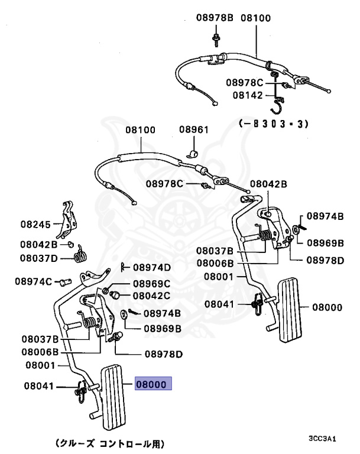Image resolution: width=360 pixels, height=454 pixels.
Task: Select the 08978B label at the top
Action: (x=215, y=18)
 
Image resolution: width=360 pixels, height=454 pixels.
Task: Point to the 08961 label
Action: (x=194, y=129)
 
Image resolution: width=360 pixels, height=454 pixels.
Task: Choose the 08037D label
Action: (x=39, y=258)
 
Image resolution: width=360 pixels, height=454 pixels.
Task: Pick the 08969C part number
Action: (x=151, y=284)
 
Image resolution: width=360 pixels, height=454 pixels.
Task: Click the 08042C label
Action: (x=151, y=295)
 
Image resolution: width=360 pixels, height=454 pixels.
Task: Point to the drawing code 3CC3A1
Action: (x=322, y=439)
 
